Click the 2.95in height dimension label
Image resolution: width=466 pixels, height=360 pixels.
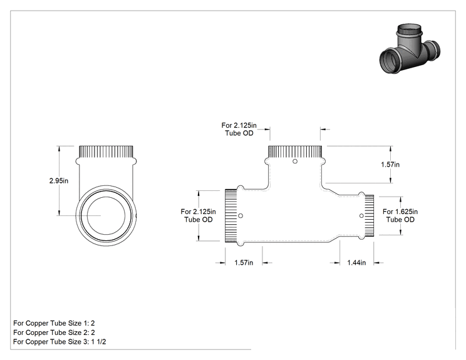58,180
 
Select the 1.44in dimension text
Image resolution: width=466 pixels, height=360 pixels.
356,262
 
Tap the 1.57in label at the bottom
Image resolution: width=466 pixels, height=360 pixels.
244,262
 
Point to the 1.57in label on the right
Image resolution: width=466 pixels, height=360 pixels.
390,164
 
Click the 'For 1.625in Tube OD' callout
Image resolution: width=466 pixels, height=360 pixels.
400,215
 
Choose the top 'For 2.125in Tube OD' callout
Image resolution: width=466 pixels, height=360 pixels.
239,129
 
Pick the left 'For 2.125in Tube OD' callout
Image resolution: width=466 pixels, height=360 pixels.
198,215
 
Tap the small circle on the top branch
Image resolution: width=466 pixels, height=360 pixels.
295,162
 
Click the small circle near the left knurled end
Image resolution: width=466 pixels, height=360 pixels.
241,215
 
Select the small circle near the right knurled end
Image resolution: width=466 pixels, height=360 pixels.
361,215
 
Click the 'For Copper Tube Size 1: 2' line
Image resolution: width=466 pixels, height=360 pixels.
54,323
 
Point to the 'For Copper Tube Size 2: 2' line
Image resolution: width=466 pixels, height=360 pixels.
54,332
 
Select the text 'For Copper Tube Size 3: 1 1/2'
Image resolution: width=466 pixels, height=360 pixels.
60,342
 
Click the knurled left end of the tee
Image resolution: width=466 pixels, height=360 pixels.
231,215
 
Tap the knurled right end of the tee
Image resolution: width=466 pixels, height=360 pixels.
369,215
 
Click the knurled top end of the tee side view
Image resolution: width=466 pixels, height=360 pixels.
295,152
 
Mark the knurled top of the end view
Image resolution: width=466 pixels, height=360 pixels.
106,152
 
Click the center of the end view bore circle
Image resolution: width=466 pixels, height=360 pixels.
106,215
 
